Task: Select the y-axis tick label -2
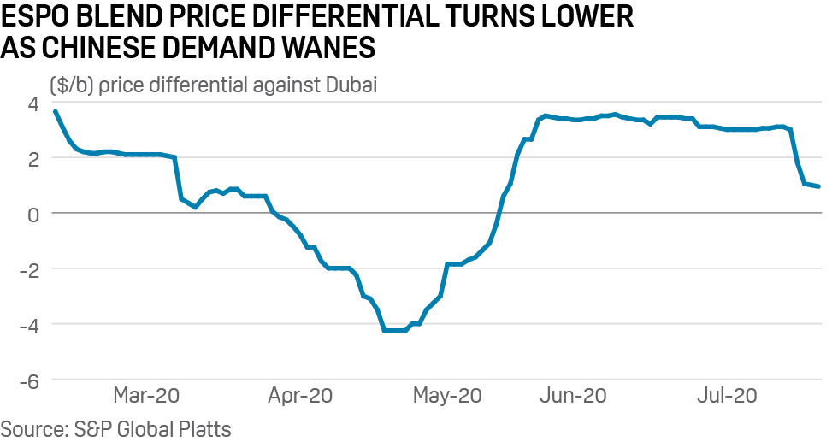coord(29,268)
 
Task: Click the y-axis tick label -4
coord(29,324)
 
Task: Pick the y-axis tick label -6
coord(29,380)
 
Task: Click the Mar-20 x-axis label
coord(147,396)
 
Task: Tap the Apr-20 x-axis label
coord(298,396)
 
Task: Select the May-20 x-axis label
coord(447,396)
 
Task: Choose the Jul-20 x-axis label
coord(727,396)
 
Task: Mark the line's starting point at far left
coord(55,111)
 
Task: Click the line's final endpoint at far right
coord(819,186)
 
